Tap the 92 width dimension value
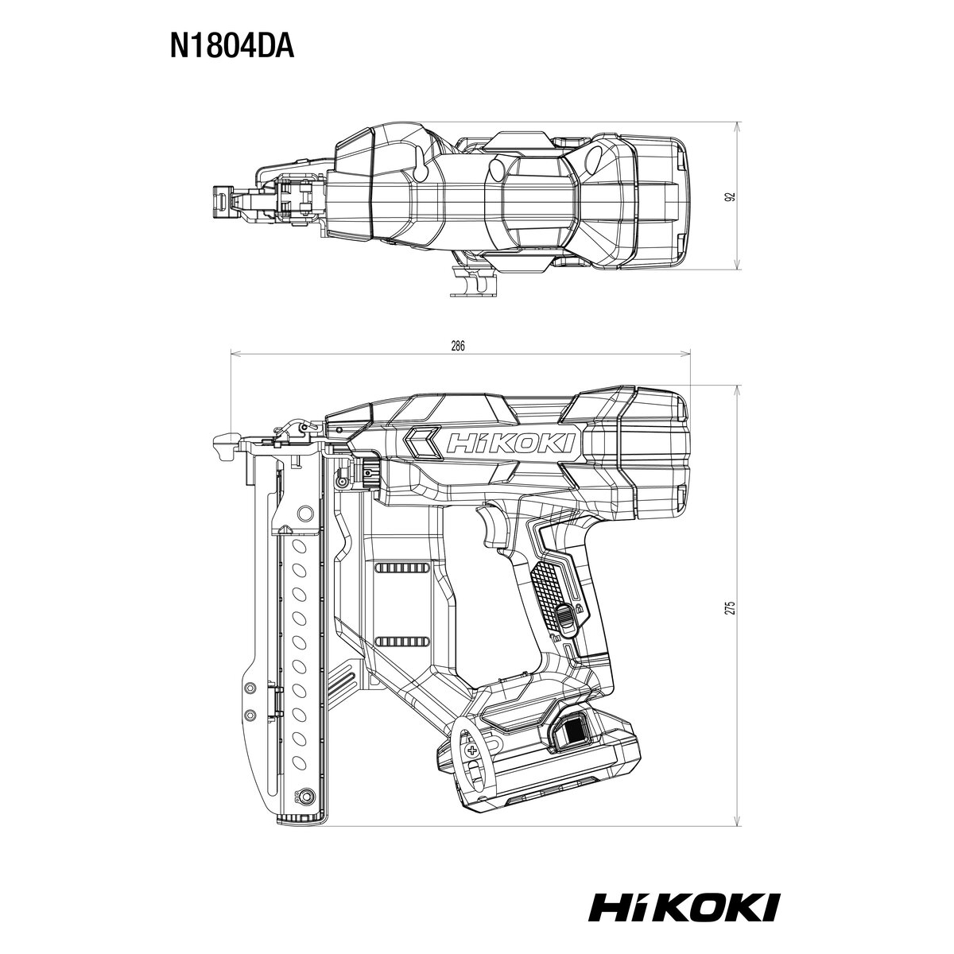730,196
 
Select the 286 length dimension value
457,346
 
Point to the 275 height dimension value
730,607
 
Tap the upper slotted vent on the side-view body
401,568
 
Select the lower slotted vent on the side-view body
401,642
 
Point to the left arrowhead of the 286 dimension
233,355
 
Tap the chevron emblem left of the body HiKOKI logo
423,443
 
